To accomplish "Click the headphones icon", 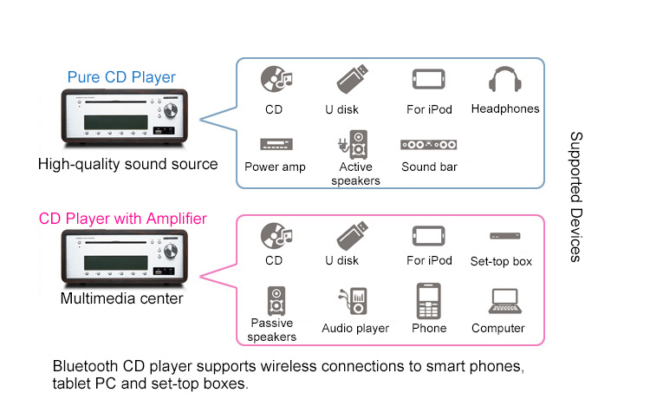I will (x=504, y=81).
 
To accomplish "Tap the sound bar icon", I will (x=429, y=144).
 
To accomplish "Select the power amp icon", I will (x=275, y=144).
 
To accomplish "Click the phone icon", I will (x=429, y=301).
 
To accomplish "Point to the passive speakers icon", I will (x=275, y=300).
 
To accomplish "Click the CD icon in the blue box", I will (x=275, y=81).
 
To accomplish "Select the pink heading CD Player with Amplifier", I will (x=122, y=219).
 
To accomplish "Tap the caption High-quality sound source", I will (x=127, y=163).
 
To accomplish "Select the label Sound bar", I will (x=429, y=167).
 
